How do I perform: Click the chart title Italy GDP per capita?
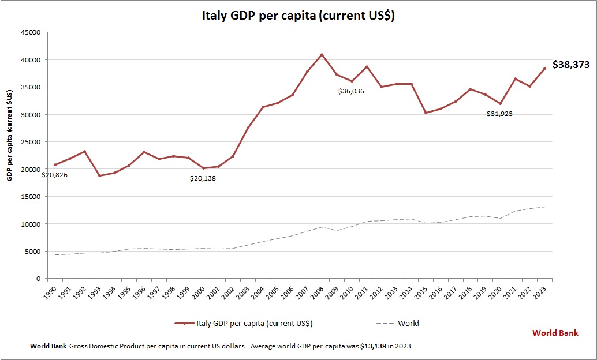pos(298,16)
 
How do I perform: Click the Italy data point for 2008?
pos(322,55)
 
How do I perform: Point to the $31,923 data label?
pos(499,114)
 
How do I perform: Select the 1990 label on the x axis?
pos(52,292)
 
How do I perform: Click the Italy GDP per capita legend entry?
pos(244,323)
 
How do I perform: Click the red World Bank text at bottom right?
pos(555,333)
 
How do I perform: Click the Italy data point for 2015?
pos(426,112)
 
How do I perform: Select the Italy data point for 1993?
pos(100,175)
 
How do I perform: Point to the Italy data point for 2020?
pos(499,104)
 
